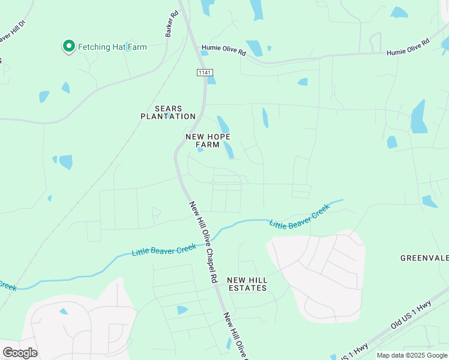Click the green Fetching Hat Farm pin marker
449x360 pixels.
68,46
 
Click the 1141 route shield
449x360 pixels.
205,72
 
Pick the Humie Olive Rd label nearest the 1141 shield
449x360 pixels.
224,52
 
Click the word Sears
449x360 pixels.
167,109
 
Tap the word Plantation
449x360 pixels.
167,116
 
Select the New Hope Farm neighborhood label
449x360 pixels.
207,140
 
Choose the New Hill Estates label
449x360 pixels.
247,284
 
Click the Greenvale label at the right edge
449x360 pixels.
424,258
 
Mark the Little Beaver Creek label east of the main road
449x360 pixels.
300,217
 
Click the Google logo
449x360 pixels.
20,353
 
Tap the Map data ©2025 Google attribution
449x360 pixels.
411,355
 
